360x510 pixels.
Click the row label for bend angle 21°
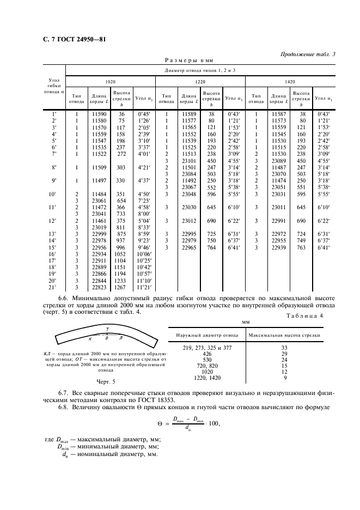(x=53, y=287)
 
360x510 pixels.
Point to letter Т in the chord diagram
(x=107, y=329)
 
